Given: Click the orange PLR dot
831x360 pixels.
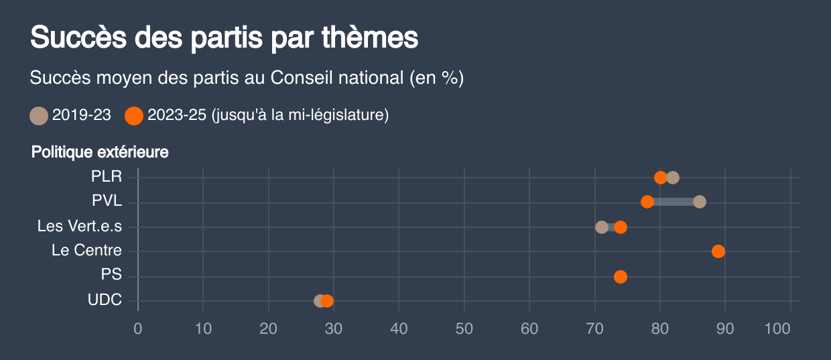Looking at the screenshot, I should coord(660,178).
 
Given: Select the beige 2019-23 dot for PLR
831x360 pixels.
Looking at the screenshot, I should coord(673,178).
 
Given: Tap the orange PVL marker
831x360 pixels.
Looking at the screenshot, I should coord(647,202).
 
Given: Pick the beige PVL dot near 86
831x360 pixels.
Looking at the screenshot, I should coord(700,202).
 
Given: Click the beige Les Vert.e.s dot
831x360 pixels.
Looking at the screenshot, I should coord(602,227).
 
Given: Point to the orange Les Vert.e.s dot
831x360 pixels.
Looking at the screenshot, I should coord(621,227).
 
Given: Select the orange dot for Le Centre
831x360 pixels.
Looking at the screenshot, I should coord(718,251).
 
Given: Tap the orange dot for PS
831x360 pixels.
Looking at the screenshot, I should coord(621,277).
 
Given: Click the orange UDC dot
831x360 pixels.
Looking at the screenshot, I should coord(327,301).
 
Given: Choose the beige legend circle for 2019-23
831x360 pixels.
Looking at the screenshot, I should coord(39,115).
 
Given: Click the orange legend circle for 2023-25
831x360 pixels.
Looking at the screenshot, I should coord(134,115).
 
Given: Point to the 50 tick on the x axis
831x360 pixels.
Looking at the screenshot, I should coord(464,328).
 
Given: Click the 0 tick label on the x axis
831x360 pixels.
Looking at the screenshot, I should coord(138,328).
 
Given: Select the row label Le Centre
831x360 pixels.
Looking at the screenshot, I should coord(86,251).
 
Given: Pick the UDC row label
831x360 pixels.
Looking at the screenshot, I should coord(105,300).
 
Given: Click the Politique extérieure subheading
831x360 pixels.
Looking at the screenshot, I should coord(100,152).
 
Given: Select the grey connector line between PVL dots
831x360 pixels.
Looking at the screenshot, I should coord(674,202).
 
